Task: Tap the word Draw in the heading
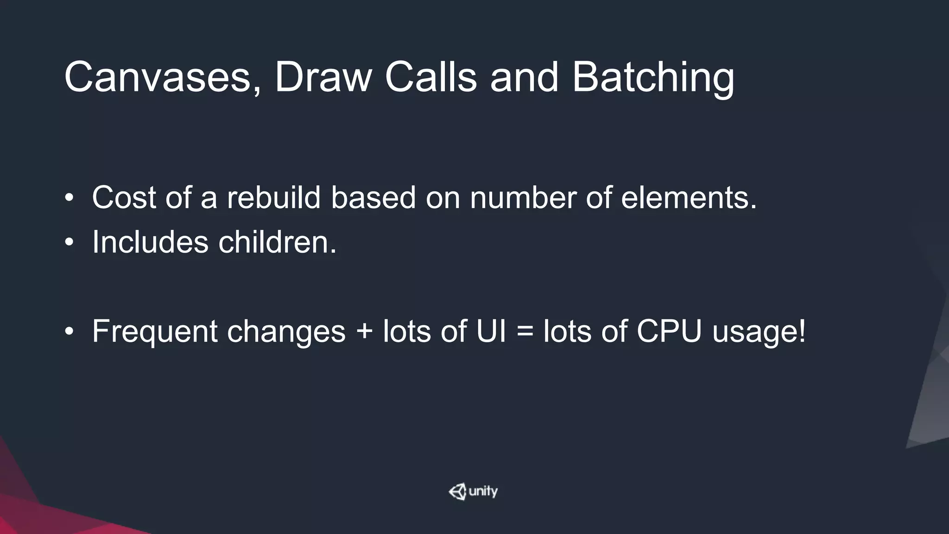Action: point(323,77)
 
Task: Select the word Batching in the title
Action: point(653,77)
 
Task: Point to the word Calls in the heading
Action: point(430,77)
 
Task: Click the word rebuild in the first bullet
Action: point(274,198)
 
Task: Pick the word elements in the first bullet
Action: point(689,198)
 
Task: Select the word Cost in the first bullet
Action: point(124,198)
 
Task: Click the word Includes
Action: point(150,242)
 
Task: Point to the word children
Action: point(277,242)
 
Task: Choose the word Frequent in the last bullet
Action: point(155,332)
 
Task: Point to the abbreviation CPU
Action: point(669,332)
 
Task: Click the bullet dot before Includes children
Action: point(69,242)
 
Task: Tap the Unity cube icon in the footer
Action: point(457,492)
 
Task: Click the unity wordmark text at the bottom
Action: point(483,491)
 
